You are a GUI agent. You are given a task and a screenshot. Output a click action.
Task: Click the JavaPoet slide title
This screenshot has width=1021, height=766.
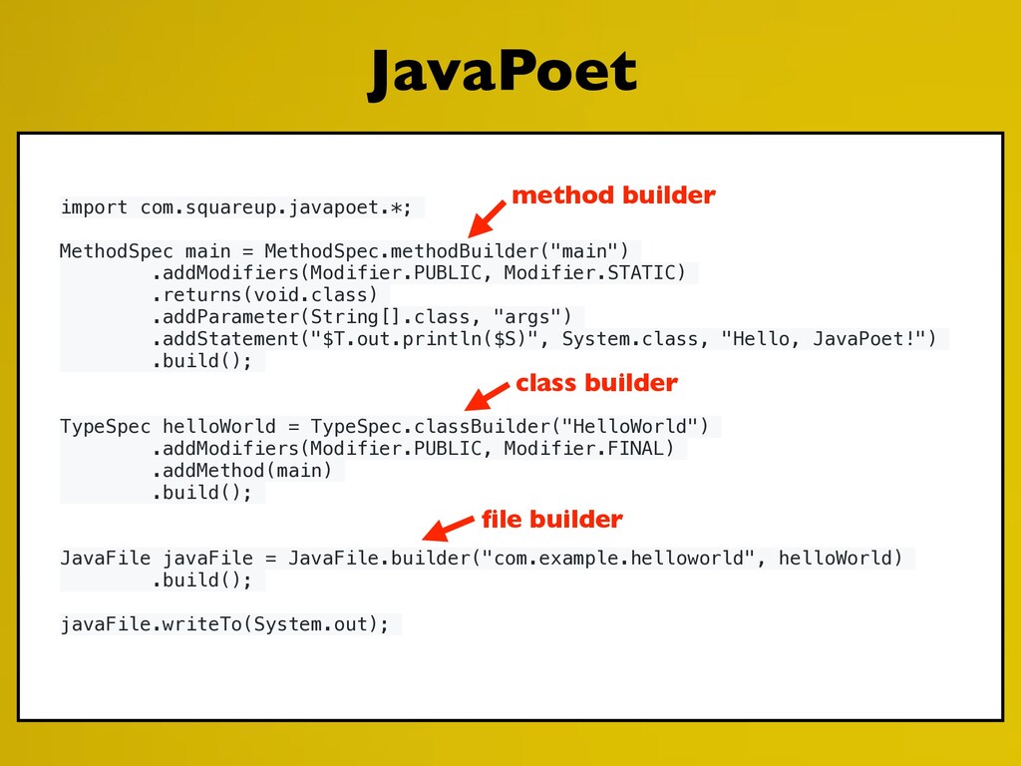click(x=502, y=75)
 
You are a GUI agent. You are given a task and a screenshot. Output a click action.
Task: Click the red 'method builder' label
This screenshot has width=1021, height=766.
click(x=613, y=195)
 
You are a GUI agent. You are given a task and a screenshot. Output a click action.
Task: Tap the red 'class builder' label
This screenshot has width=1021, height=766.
click(x=596, y=383)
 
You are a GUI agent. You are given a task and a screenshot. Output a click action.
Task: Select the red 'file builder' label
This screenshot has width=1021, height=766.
click(x=551, y=520)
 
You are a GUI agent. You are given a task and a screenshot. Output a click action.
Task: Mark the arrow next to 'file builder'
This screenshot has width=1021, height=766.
click(x=447, y=528)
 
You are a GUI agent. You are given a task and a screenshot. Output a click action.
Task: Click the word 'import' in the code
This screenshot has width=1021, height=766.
click(x=94, y=207)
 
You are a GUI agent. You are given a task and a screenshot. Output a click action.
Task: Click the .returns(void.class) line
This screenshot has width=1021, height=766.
click(x=264, y=294)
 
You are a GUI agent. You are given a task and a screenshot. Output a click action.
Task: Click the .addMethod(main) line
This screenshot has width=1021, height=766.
click(x=242, y=471)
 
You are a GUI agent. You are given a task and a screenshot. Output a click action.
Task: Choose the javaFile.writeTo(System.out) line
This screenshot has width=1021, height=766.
click(x=224, y=624)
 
